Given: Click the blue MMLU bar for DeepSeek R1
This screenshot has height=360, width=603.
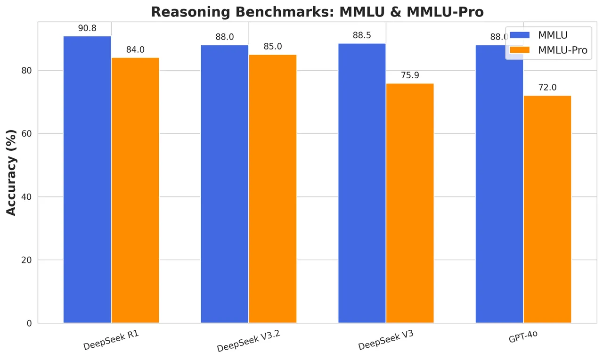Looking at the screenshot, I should pyautogui.click(x=87, y=180).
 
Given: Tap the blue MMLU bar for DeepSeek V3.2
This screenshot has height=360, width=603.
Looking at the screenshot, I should pyautogui.click(x=225, y=184).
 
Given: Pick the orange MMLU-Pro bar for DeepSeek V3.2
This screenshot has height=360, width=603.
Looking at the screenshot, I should pyautogui.click(x=273, y=189).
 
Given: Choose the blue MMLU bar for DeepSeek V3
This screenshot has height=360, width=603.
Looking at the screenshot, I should pyautogui.click(x=362, y=183).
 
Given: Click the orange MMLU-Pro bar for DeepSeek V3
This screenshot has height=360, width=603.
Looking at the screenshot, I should pyautogui.click(x=410, y=203).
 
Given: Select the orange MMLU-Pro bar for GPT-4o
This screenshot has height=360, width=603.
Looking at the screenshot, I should pyautogui.click(x=547, y=209).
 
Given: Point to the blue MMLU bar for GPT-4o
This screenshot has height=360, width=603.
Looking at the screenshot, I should pyautogui.click(x=499, y=184).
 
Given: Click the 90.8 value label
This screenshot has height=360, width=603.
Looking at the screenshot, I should pyautogui.click(x=87, y=28).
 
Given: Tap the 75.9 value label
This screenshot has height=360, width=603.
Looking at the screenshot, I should pyautogui.click(x=410, y=75).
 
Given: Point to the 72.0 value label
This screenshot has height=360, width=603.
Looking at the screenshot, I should pyautogui.click(x=547, y=88).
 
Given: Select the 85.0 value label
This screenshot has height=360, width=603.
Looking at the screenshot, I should pyautogui.click(x=273, y=47).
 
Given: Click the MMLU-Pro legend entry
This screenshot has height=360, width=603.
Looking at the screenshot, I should pyautogui.click(x=548, y=50).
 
